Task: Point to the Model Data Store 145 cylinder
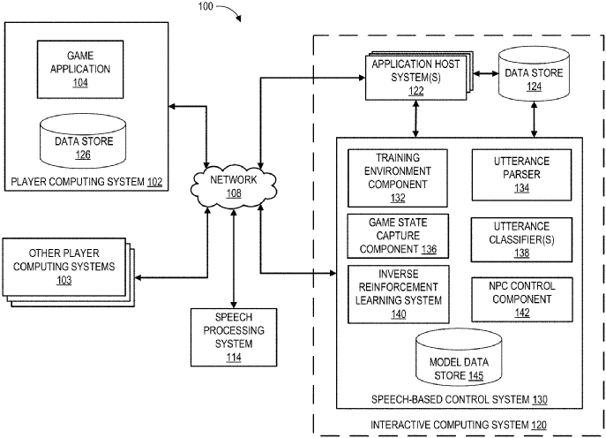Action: pos(453,358)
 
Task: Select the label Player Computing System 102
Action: pos(87,184)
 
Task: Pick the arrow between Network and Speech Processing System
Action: pos(233,261)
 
